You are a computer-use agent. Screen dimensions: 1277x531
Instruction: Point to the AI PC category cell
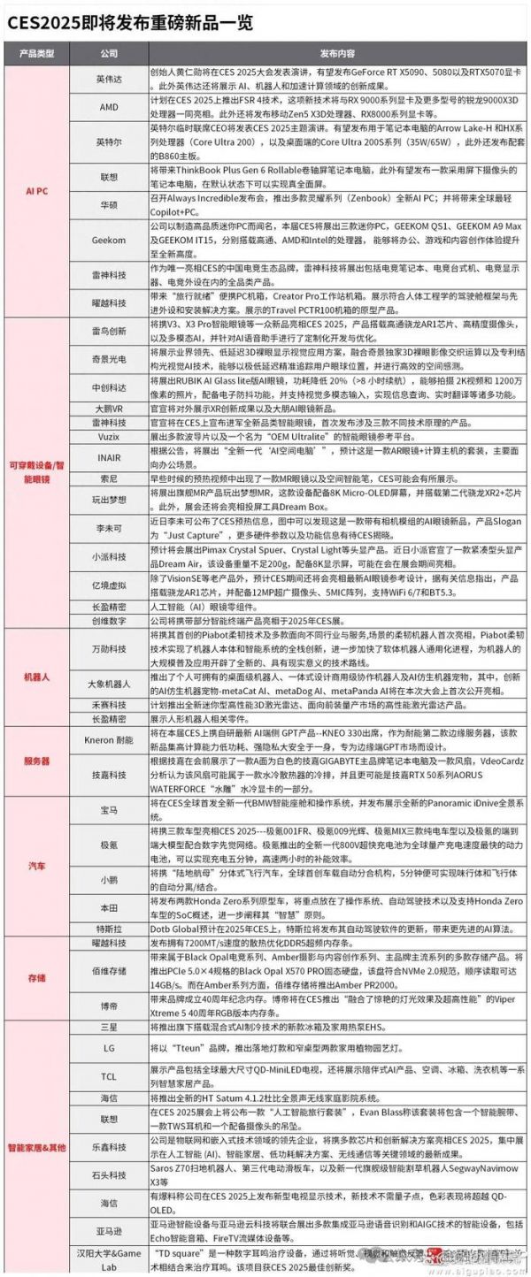pos(36,189)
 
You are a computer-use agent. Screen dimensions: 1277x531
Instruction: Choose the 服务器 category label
pos(36,761)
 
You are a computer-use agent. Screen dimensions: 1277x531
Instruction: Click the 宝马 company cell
pos(109,810)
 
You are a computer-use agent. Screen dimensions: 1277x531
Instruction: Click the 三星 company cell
pos(109,1026)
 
